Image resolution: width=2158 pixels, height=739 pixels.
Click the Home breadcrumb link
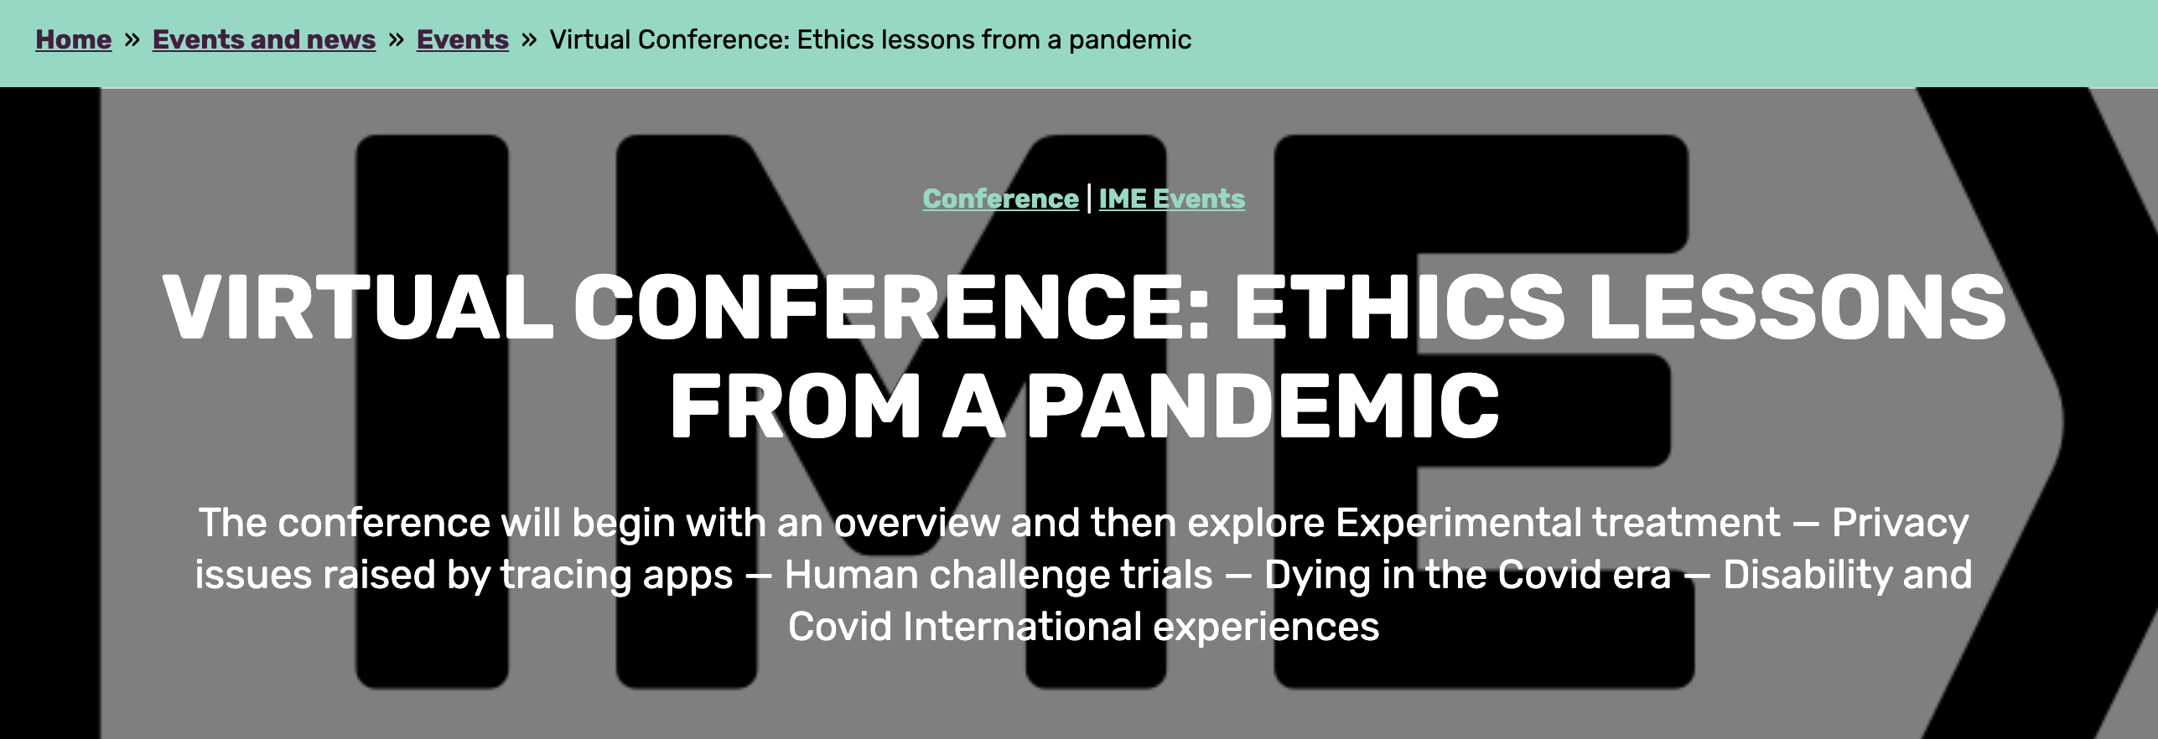73,39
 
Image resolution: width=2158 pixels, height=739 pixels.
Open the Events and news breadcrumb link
264,39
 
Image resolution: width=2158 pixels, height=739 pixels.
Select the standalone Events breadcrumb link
463,39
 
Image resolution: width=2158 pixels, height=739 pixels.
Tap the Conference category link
1000,199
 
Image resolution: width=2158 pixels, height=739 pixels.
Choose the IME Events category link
1172,199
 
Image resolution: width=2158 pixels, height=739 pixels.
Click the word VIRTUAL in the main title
358,307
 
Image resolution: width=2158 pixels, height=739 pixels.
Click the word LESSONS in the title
1797,307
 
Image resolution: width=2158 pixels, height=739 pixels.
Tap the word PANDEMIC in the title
1263,406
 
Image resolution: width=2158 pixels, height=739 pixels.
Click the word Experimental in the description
1459,523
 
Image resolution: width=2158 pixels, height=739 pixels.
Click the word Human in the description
850,575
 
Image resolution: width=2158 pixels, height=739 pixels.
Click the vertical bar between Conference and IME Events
1089,199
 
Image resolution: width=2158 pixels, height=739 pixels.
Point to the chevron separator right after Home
132,39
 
